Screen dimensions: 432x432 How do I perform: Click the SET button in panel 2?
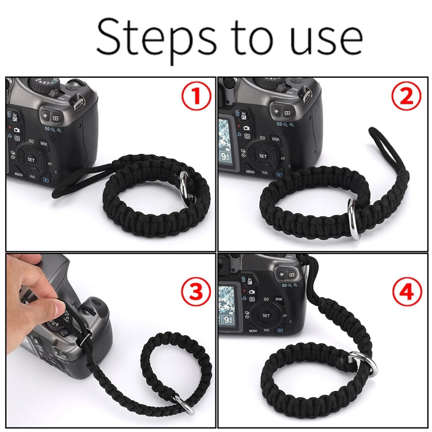pyautogui.click(x=263, y=156)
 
